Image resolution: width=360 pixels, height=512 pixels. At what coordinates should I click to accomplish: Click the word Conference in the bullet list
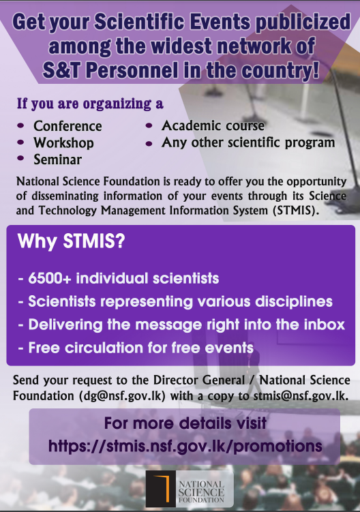tap(67, 126)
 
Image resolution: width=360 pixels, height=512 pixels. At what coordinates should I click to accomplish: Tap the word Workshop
tap(63, 143)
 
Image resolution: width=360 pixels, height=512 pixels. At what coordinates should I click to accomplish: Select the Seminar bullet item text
tap(57, 160)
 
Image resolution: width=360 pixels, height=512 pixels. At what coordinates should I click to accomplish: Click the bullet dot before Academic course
tap(149, 127)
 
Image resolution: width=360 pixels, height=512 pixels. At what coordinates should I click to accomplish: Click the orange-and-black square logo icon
tap(160, 489)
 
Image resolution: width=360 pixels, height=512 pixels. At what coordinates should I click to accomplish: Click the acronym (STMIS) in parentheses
tap(292, 211)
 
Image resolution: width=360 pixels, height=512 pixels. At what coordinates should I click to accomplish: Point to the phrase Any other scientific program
tap(248, 143)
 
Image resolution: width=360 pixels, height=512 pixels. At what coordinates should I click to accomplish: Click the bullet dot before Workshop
tap(21, 143)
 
